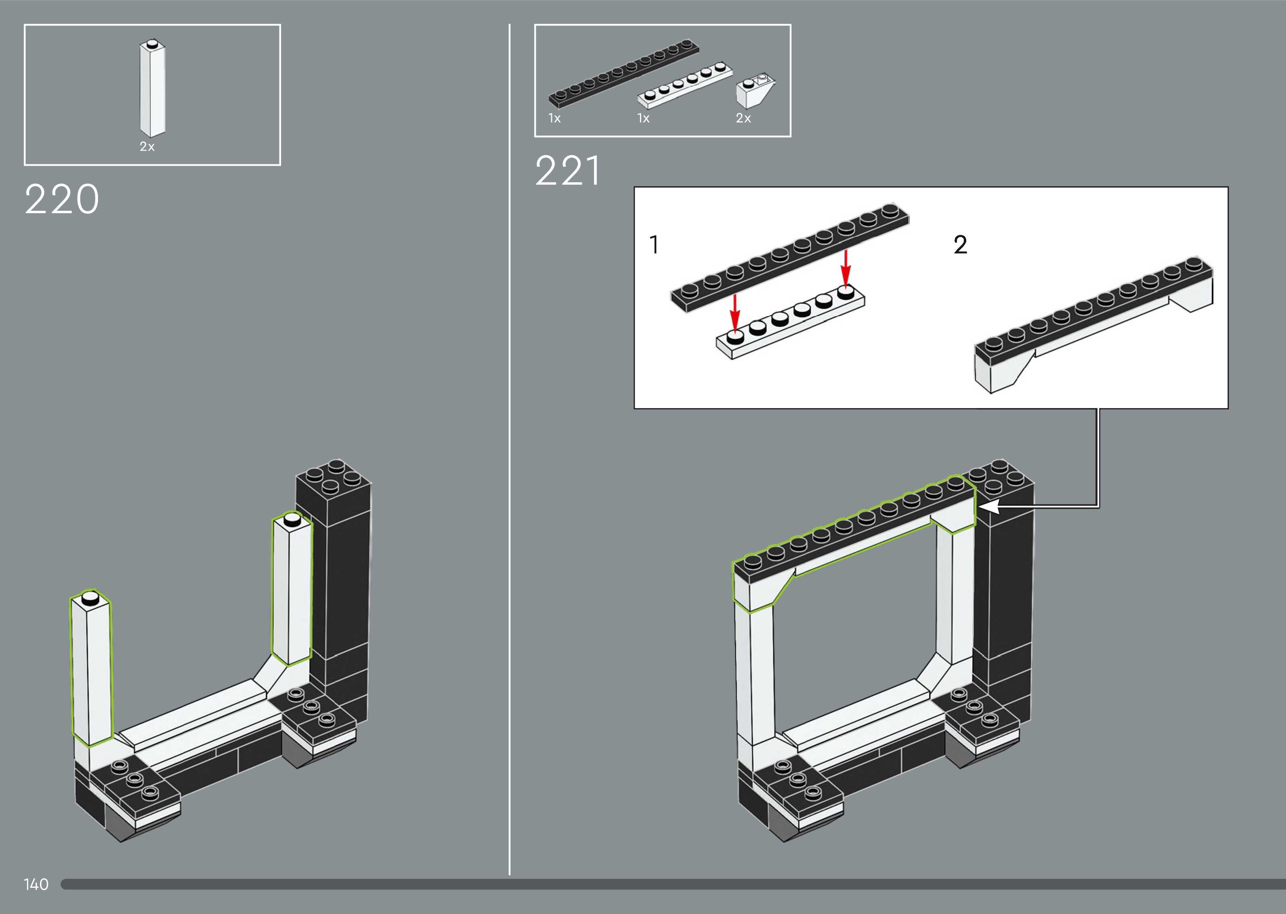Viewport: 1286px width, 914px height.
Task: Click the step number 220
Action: [x=62, y=199]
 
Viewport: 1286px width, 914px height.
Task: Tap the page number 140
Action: [x=36, y=884]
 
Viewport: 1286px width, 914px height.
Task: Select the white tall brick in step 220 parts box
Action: [x=152, y=88]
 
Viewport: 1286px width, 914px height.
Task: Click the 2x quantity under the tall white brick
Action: [x=147, y=146]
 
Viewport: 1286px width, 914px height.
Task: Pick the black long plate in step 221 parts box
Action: [x=624, y=73]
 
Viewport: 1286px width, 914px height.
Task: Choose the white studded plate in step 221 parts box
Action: [x=685, y=85]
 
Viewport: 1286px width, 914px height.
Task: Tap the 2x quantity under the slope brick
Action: [x=743, y=118]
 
